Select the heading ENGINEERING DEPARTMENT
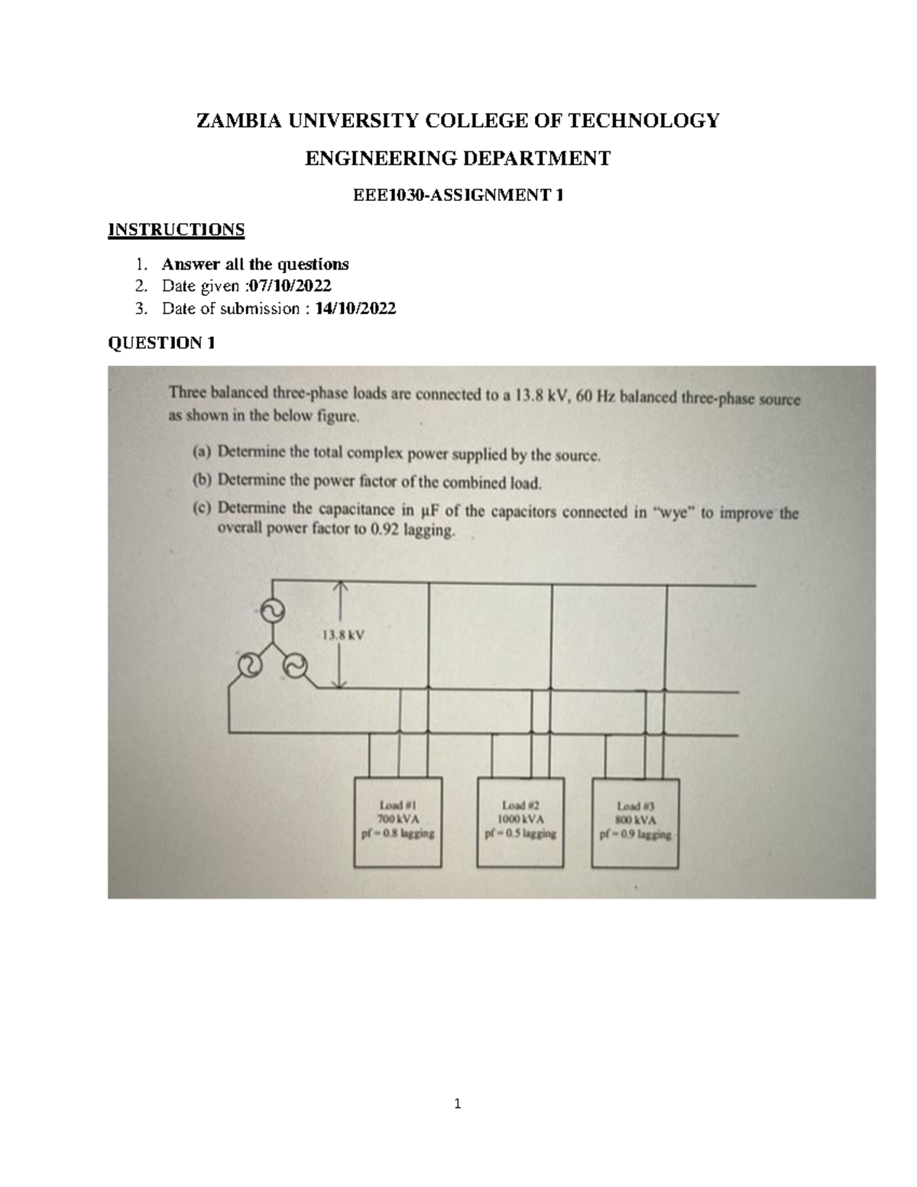point(458,158)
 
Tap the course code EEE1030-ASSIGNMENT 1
point(458,196)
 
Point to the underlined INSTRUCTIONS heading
point(177,229)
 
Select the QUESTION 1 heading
point(161,343)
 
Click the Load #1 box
point(397,822)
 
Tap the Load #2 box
point(520,822)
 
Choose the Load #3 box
point(636,822)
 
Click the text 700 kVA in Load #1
point(397,819)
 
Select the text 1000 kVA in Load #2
point(520,819)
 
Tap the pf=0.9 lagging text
point(636,835)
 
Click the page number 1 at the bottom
point(458,1104)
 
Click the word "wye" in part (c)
point(672,513)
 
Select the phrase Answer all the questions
point(255,264)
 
